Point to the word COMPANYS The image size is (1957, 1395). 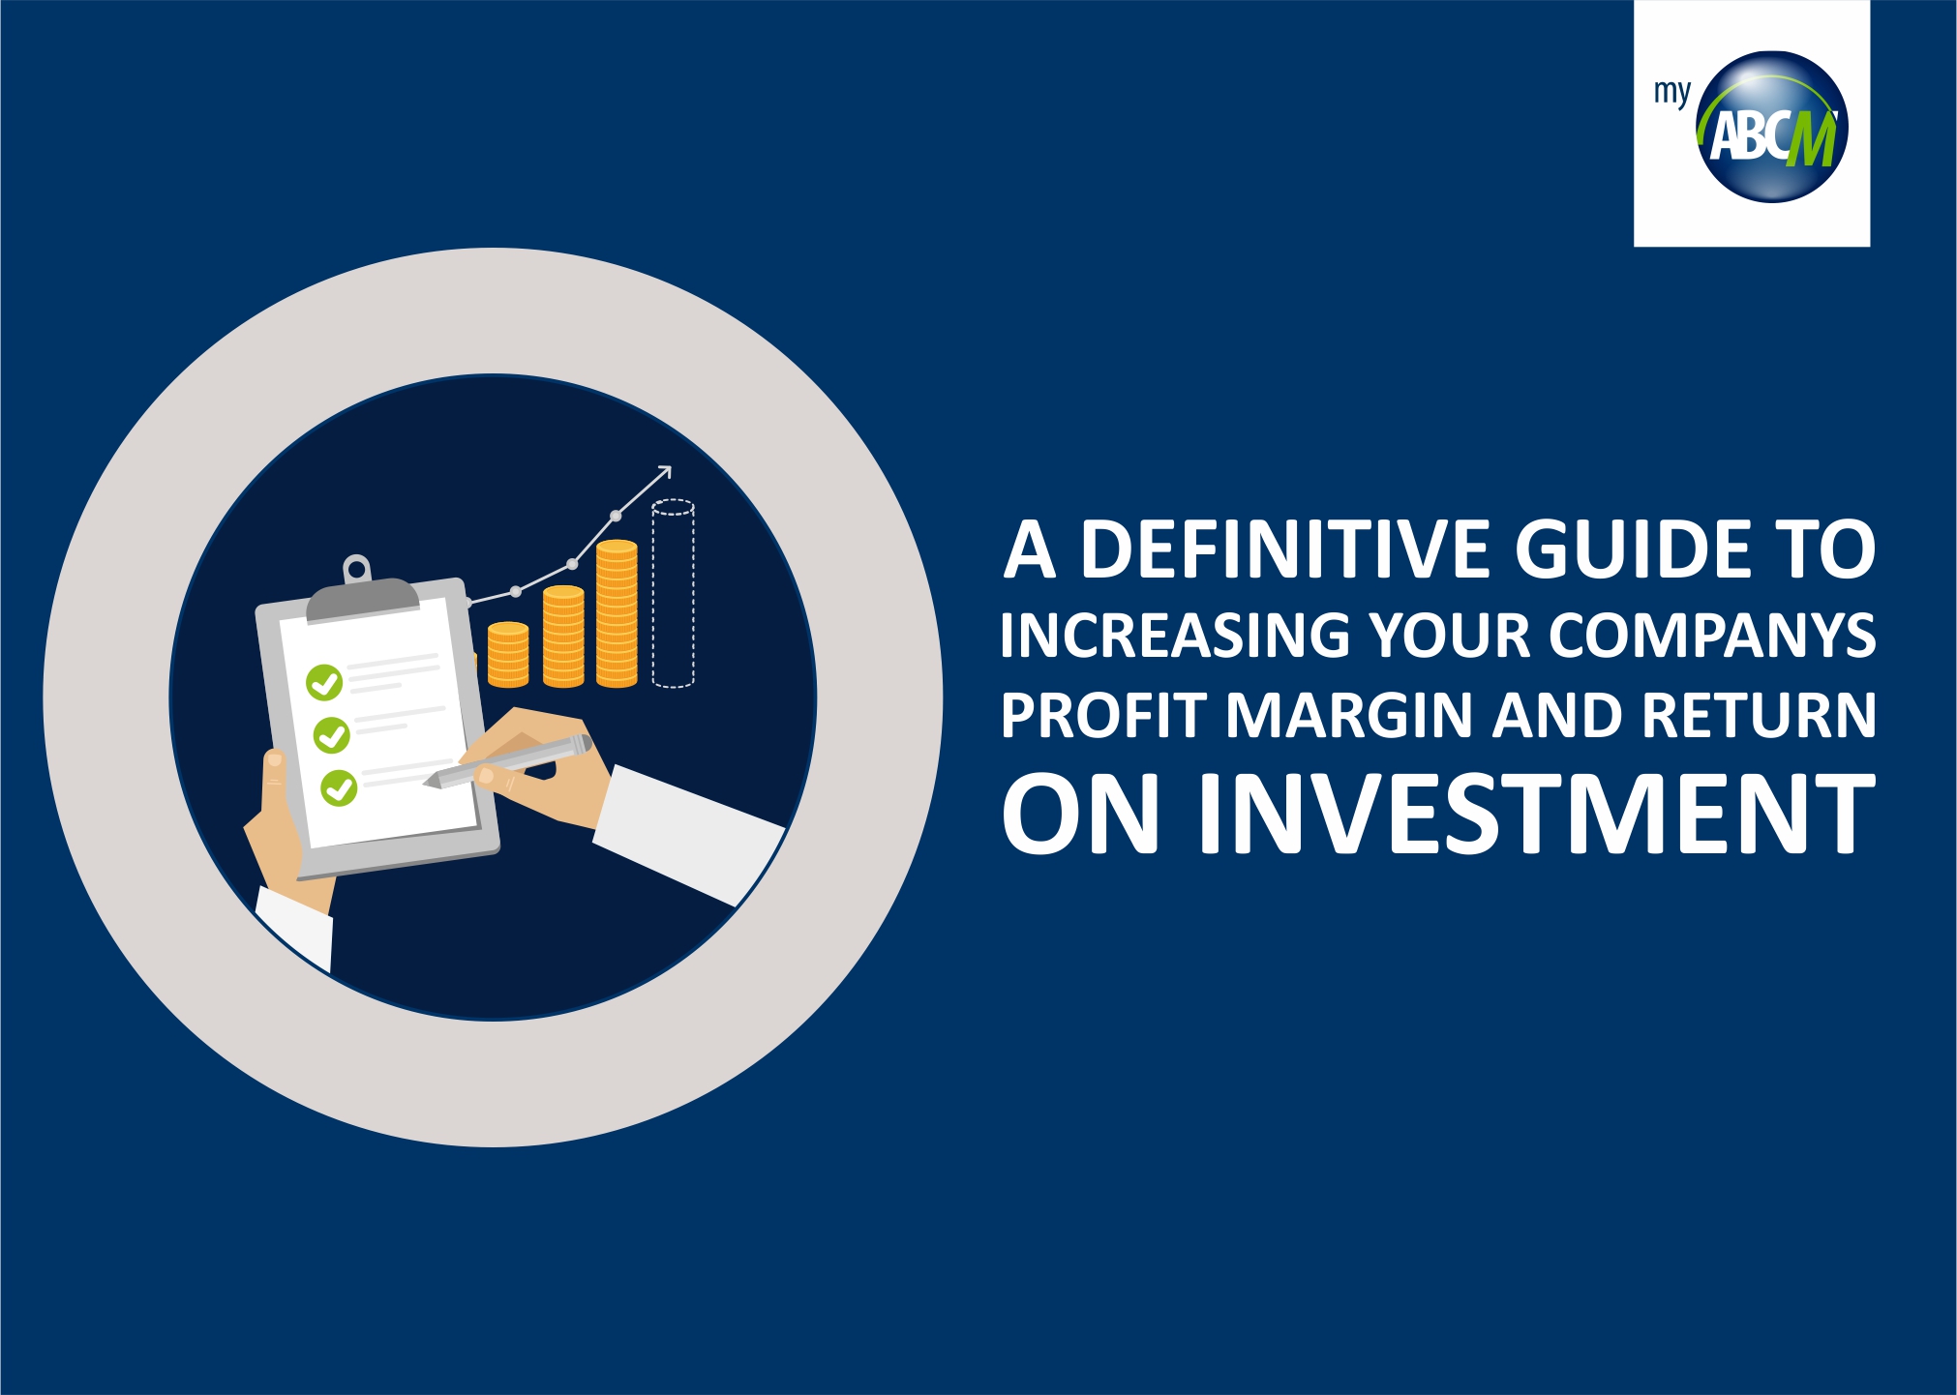(1712, 635)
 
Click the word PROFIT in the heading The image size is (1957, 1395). (1103, 715)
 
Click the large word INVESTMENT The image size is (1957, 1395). (1537, 814)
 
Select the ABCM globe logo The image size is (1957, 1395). (1772, 127)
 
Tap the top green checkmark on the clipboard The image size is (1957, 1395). (324, 682)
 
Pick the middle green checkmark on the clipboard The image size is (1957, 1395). (332, 735)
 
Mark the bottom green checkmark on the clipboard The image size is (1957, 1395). (339, 787)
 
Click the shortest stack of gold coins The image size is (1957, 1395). (508, 655)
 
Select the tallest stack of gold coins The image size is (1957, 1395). (617, 613)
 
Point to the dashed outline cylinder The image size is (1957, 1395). (673, 593)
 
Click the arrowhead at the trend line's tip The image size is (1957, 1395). (664, 472)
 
